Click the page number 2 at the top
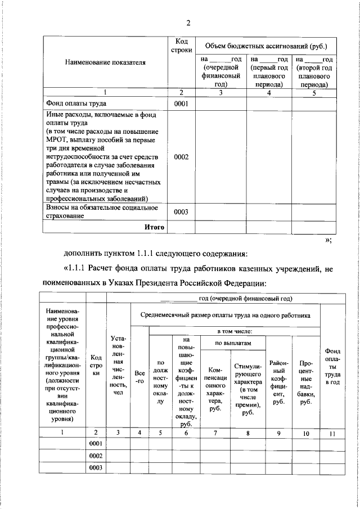[189, 23]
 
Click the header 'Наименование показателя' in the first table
[105, 62]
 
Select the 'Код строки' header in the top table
[181, 46]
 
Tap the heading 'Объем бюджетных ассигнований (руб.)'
[266, 46]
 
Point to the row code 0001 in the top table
[181, 104]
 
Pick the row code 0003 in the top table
[181, 212]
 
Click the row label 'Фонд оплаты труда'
[75, 104]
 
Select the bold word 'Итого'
[154, 227]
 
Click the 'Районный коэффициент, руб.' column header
[279, 380]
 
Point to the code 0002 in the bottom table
[96, 455]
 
